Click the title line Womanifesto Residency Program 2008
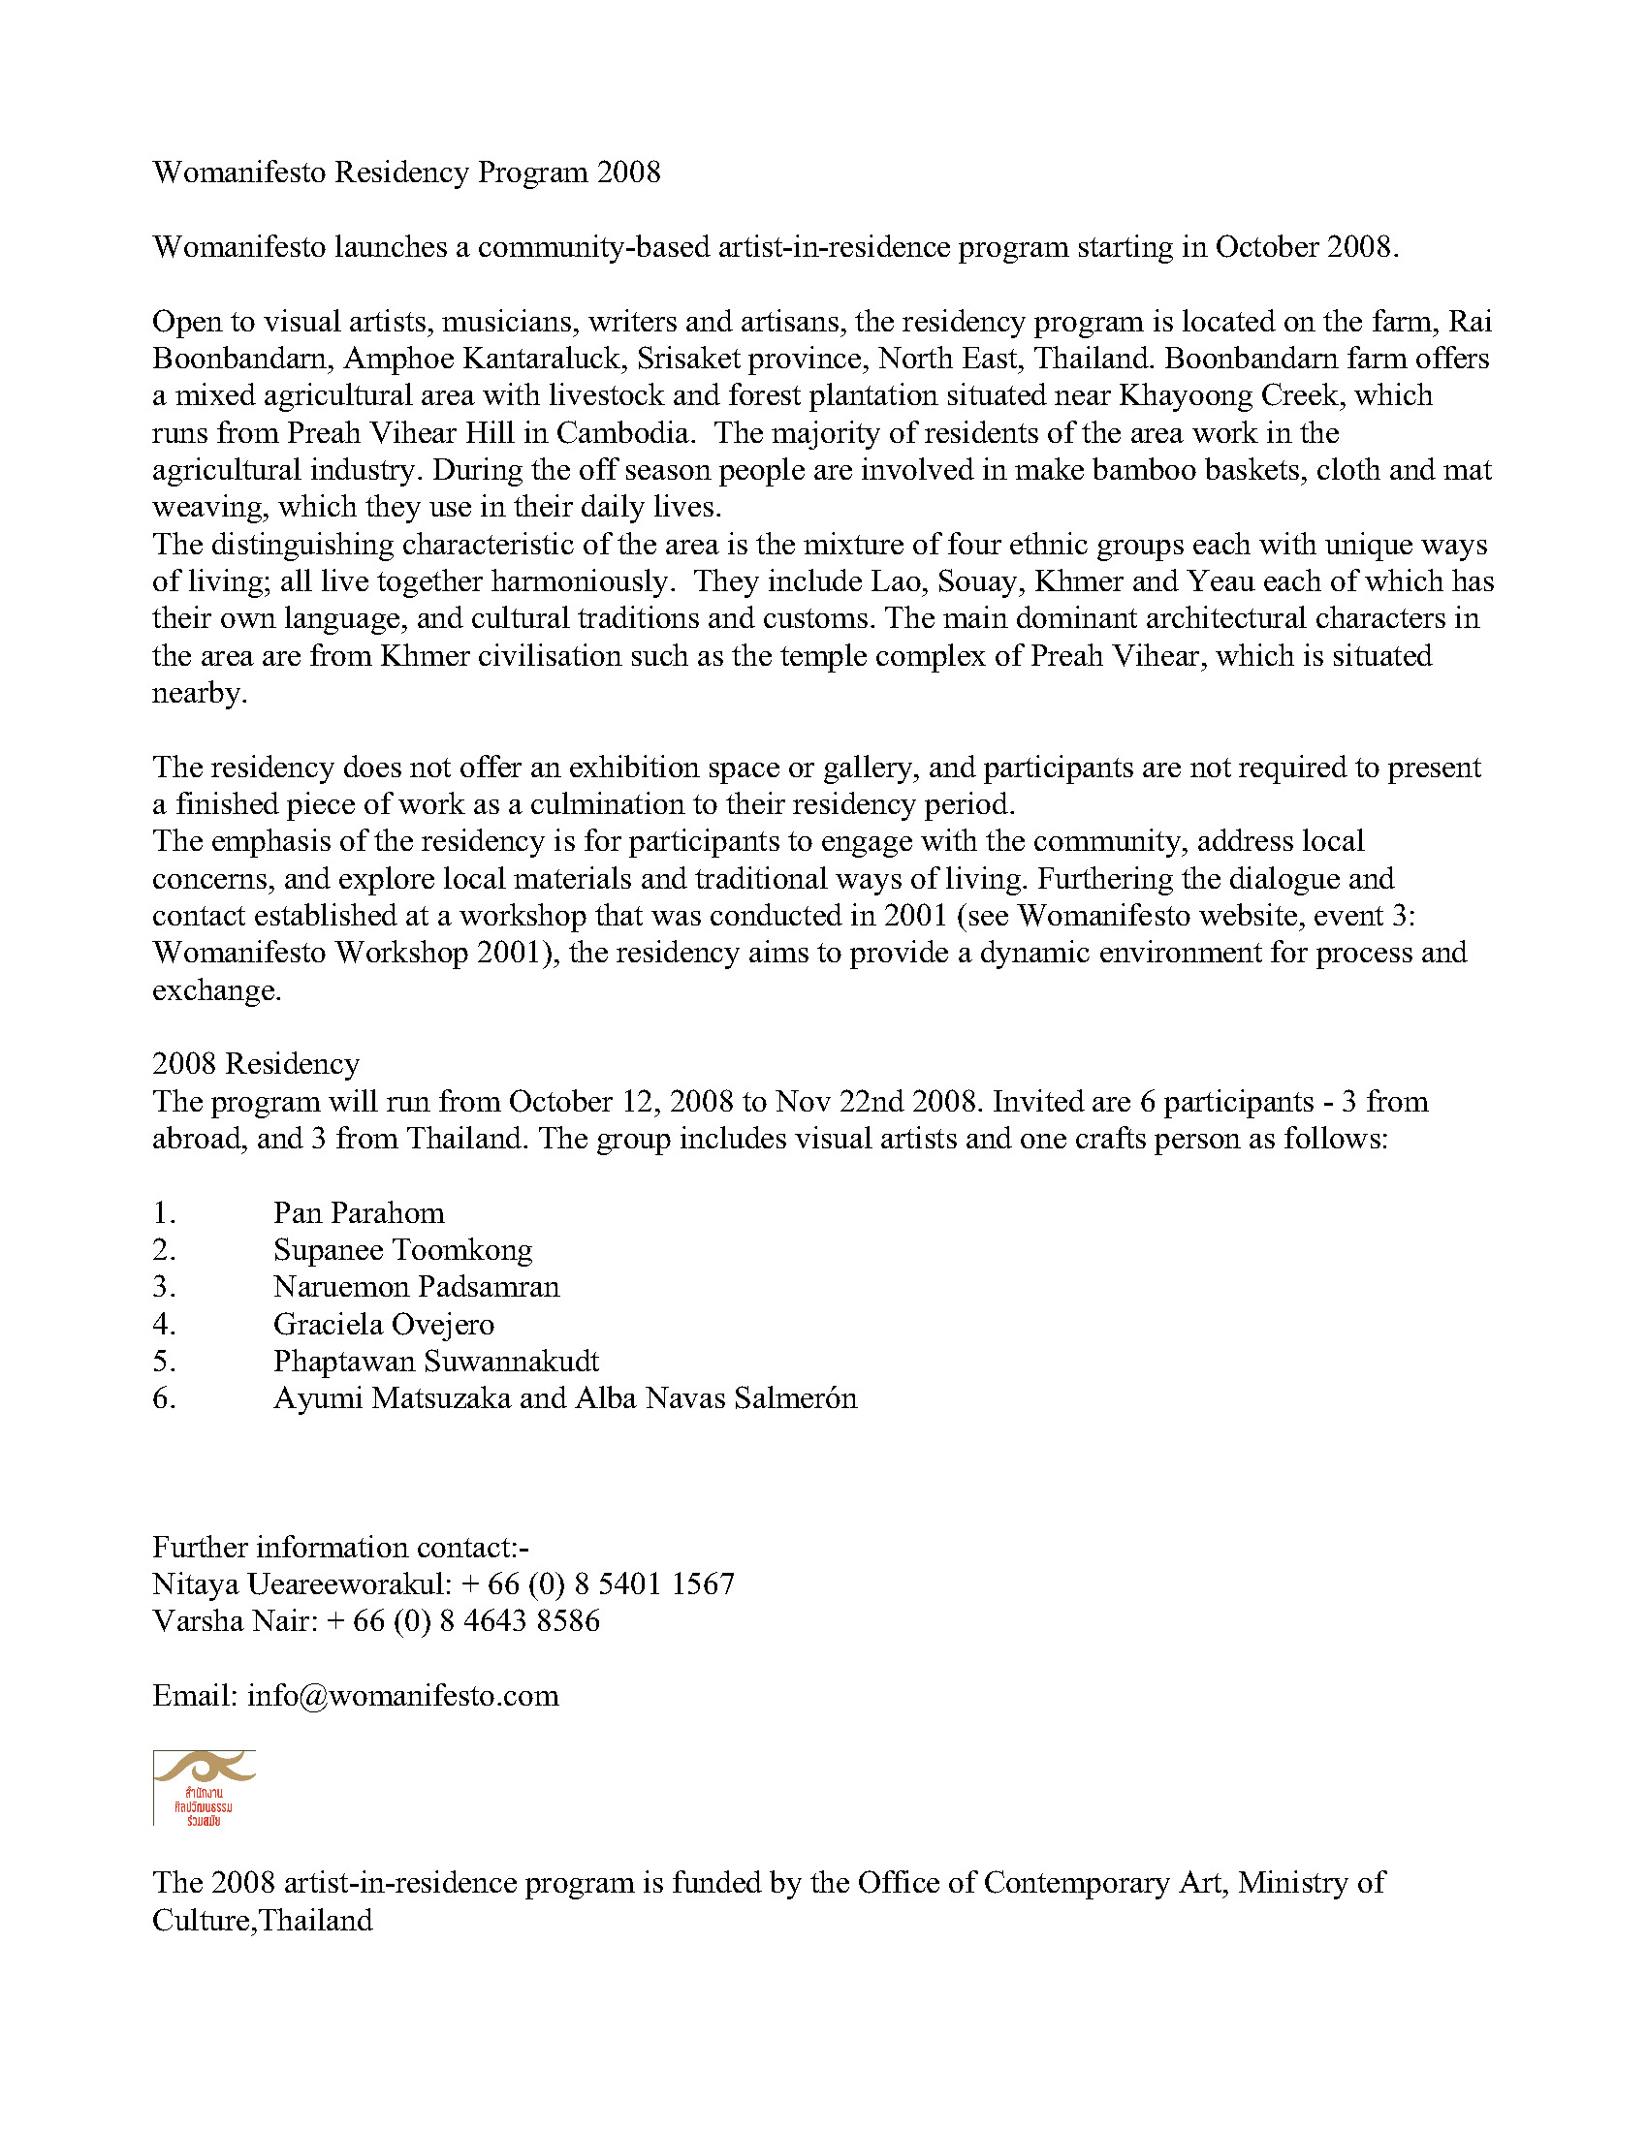point(406,172)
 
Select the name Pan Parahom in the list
point(359,1213)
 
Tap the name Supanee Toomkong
point(402,1250)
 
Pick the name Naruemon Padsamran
point(416,1288)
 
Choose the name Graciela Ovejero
point(384,1325)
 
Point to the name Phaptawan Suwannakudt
point(435,1362)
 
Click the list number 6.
point(163,1398)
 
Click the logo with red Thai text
point(204,1787)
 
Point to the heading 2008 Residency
point(256,1064)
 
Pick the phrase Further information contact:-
point(340,1548)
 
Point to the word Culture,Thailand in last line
point(263,1920)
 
